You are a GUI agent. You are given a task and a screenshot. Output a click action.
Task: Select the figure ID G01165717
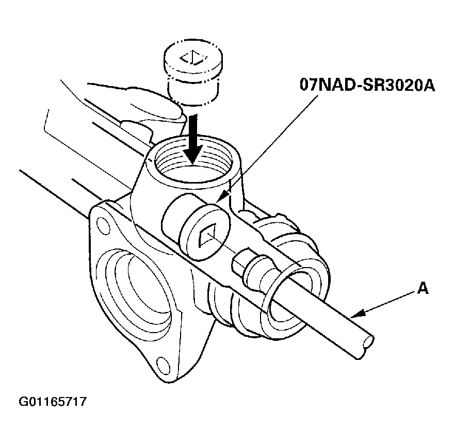tap(52, 400)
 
